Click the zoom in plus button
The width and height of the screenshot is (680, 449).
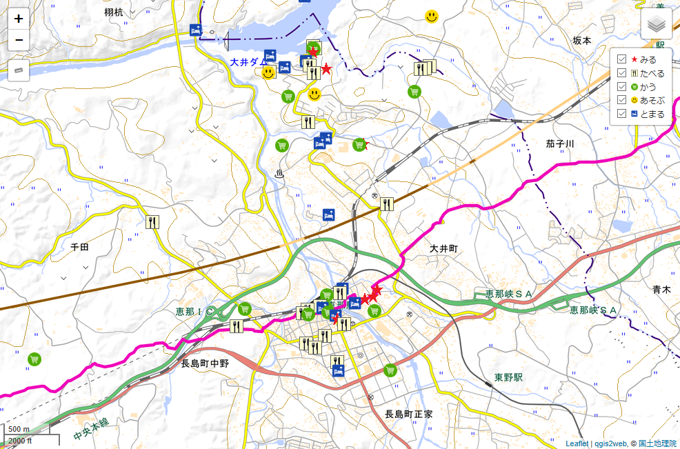(19, 19)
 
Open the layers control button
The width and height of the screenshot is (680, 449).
(656, 25)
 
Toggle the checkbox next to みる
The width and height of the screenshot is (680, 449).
(622, 59)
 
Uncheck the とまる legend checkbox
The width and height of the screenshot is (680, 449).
(622, 114)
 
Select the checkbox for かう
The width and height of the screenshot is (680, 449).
(622, 87)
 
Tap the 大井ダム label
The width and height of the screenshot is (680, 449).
(248, 62)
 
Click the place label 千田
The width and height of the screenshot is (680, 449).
(80, 246)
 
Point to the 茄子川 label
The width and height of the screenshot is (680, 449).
(560, 143)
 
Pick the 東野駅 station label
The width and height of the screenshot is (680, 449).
(508, 377)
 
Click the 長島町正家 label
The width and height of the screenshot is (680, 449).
(408, 415)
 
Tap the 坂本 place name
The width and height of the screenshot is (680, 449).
(582, 41)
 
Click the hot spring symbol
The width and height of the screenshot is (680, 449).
(279, 174)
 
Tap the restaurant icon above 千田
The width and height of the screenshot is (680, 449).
(153, 222)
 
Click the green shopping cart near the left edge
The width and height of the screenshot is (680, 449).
(34, 359)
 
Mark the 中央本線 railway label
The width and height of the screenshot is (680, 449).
(90, 430)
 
